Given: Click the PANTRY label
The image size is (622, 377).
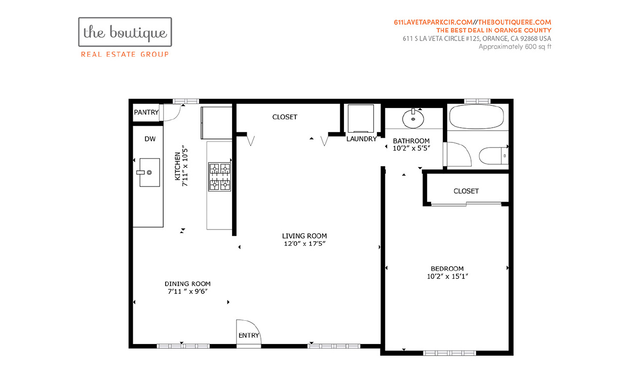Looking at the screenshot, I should (146, 112).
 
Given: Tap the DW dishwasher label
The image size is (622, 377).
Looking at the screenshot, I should (149, 138).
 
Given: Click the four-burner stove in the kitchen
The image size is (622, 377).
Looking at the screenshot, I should (220, 176).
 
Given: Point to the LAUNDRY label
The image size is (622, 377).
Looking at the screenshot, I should (362, 139).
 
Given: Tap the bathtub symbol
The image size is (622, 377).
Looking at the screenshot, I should (477, 117).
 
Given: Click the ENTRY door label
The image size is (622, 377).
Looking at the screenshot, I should (249, 335).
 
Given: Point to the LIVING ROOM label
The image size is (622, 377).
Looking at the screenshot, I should (304, 236).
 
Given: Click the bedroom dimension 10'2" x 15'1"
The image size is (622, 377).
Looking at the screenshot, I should (447, 277).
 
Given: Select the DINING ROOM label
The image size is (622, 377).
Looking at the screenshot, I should (187, 284).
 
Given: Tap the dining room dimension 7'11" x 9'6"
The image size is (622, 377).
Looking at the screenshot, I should (187, 292).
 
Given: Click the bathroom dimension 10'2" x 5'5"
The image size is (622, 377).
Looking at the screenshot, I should (411, 149).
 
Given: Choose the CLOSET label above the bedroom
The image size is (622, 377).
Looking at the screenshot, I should (466, 191).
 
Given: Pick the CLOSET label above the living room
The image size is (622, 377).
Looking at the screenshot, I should (285, 117).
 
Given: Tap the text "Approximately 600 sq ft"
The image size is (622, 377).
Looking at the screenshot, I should (515, 47).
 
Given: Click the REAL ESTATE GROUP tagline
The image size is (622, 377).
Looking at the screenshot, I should (125, 54).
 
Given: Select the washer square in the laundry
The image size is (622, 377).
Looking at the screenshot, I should (361, 119).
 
